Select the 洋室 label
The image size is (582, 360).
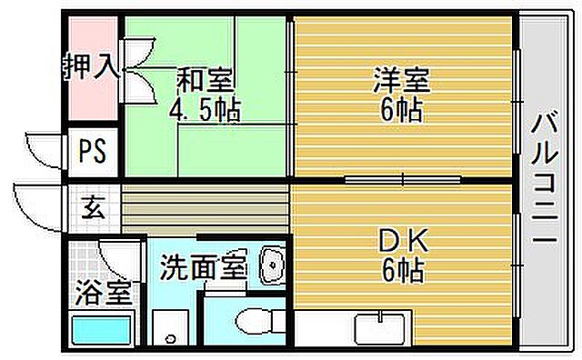400,80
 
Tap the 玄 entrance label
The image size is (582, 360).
94,207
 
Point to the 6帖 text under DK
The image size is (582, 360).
400,270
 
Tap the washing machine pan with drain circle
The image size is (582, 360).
170,330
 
